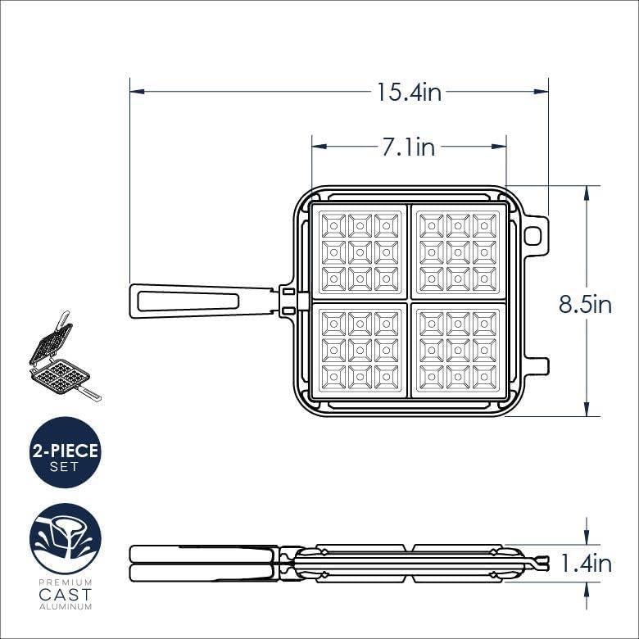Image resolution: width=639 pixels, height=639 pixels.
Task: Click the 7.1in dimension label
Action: tap(408, 147)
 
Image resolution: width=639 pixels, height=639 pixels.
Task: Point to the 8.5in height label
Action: tap(585, 304)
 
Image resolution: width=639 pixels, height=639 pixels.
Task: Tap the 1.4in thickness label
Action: tap(585, 564)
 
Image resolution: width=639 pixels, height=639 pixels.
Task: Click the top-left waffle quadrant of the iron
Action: tap(360, 251)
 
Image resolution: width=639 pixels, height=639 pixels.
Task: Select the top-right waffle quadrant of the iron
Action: tap(459, 251)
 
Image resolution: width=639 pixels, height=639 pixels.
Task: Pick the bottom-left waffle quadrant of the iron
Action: tap(360, 351)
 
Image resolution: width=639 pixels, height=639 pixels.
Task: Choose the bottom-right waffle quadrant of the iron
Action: tap(459, 351)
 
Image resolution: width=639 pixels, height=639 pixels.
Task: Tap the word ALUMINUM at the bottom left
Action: tap(65, 606)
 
